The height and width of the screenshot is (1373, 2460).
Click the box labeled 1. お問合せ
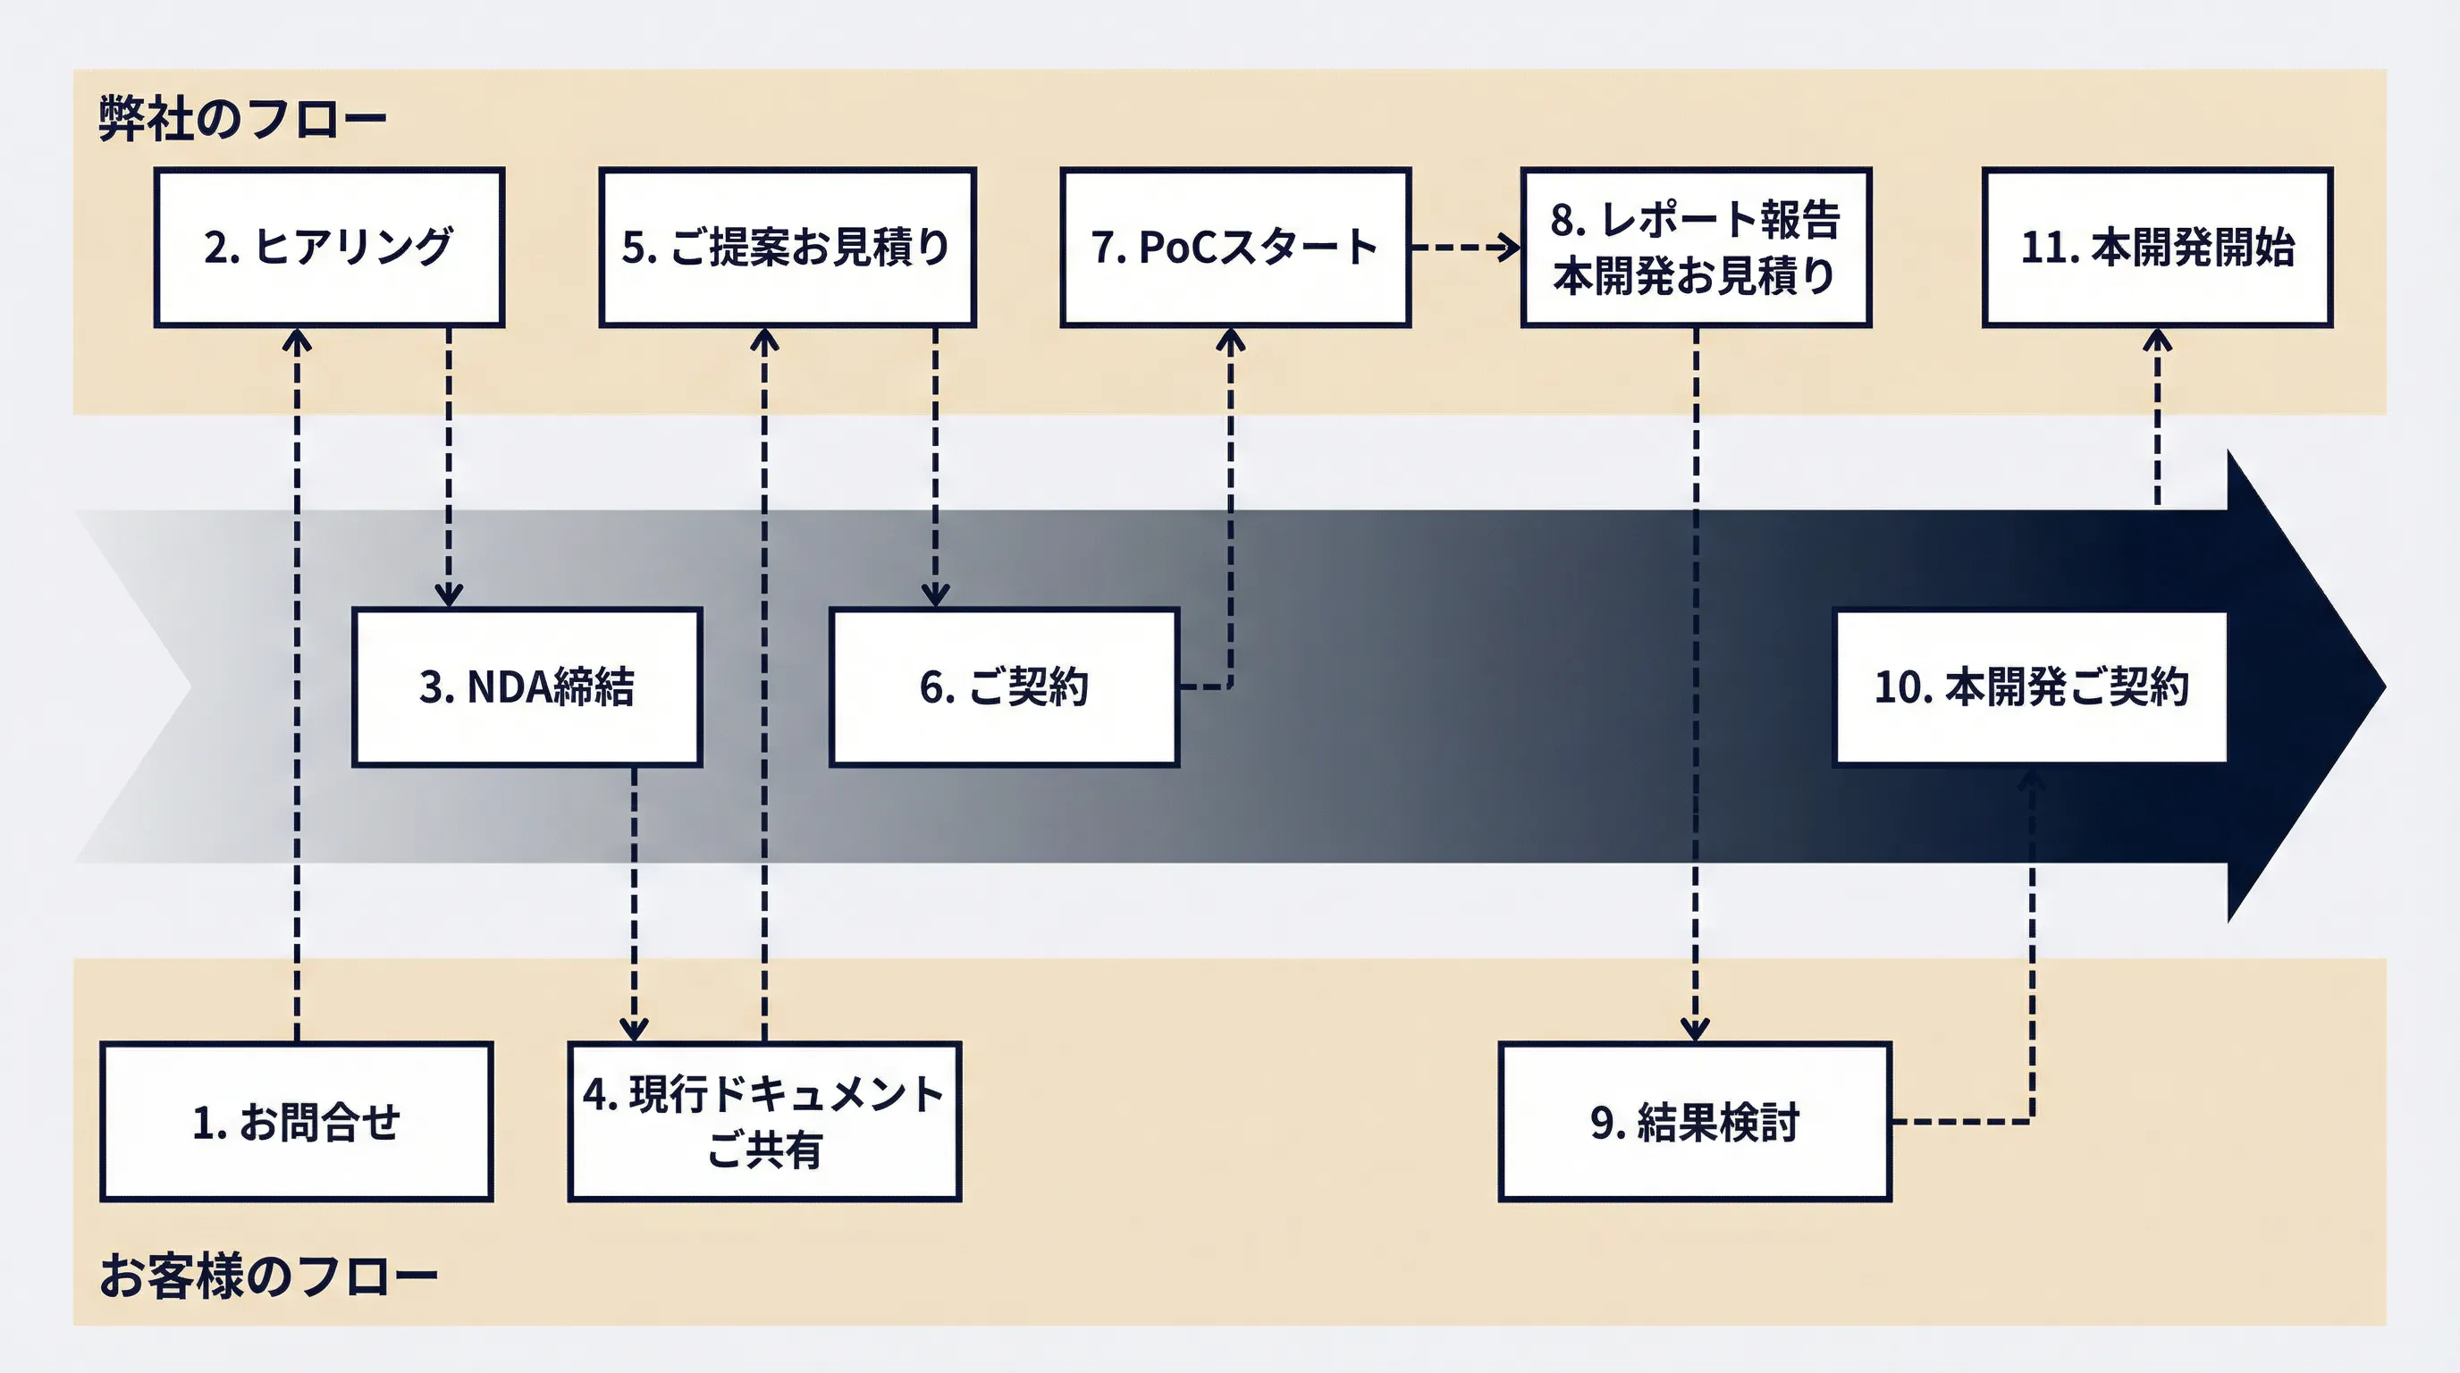(x=296, y=1121)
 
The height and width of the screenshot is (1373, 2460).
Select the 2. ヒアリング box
(x=329, y=248)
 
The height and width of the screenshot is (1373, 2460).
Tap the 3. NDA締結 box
(x=527, y=686)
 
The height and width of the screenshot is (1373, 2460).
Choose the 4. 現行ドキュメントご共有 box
(x=764, y=1121)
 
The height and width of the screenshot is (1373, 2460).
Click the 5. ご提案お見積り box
(x=787, y=248)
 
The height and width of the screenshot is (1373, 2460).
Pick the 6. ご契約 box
(x=1004, y=686)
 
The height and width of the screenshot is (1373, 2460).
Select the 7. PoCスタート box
(x=1234, y=248)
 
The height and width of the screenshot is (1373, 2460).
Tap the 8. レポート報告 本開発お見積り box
(x=1695, y=248)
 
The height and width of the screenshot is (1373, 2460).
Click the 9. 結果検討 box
(x=1694, y=1121)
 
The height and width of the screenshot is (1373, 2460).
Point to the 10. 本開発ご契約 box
(x=2030, y=686)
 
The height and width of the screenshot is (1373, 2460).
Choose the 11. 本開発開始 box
(x=2157, y=248)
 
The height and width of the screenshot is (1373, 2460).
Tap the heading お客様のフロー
(x=267, y=1276)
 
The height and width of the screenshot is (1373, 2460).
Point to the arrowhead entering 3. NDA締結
(x=448, y=597)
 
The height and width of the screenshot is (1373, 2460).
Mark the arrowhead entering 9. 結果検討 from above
(x=1695, y=1032)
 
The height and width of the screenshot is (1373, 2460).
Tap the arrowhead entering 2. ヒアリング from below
(x=297, y=339)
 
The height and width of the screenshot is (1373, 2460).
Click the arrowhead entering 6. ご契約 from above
(x=935, y=597)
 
